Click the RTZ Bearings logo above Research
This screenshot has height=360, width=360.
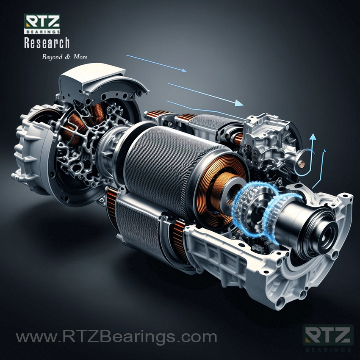coord(42,24)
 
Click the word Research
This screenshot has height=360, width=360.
coord(47,43)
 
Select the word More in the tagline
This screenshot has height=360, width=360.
coord(80,57)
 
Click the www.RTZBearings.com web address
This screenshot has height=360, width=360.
coord(116,337)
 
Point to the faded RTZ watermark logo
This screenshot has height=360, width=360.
coord(328,338)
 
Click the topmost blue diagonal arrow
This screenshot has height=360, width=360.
coord(156,64)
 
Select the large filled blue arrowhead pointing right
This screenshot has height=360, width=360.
coord(239,103)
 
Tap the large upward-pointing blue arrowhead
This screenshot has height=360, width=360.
coord(313,137)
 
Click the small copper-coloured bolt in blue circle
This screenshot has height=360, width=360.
coord(302,164)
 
